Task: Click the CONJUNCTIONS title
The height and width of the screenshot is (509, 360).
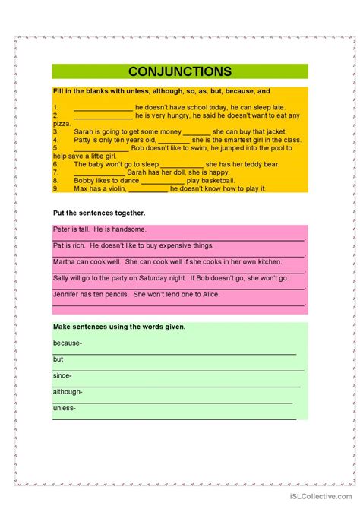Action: pos(180,71)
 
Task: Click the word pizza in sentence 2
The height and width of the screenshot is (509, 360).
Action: pos(62,123)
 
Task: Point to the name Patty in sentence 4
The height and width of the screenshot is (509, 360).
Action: pos(84,140)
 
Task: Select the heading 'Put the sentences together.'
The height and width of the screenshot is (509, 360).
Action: pos(99,213)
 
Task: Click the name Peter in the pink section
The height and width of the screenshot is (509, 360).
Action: pos(62,229)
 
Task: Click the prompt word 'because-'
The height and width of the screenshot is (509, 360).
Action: pos(67,343)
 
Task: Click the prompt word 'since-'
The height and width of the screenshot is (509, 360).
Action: pos(62,375)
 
